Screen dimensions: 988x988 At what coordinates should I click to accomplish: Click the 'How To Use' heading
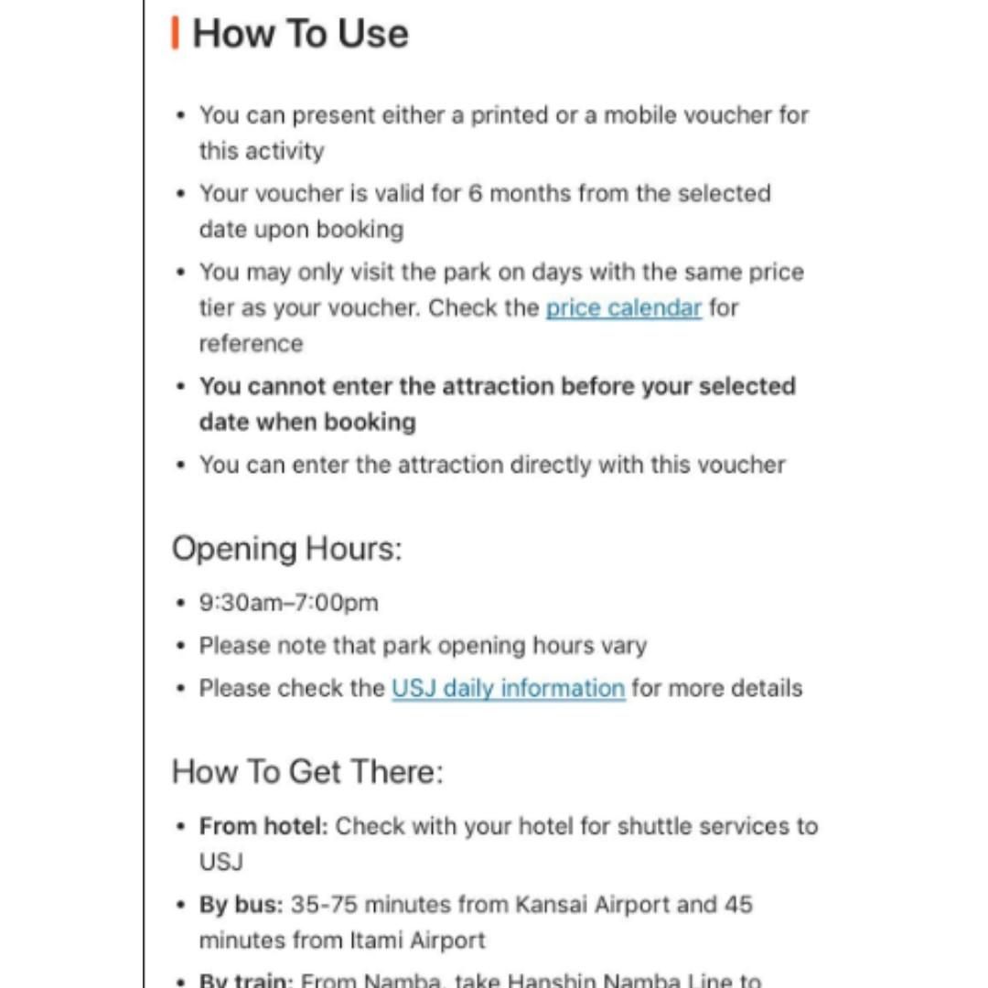pos(300,34)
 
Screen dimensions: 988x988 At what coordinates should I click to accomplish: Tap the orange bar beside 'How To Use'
pos(175,33)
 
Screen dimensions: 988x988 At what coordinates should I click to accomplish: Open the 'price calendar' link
pos(623,308)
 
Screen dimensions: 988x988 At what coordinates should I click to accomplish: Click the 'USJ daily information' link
pos(508,688)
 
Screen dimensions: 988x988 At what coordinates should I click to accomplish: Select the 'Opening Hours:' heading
pos(286,549)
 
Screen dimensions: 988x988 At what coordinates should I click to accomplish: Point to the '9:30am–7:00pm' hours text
pos(289,603)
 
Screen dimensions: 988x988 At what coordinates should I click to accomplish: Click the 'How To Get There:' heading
pos(306,771)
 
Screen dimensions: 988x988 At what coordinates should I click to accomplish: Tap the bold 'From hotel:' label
pos(263,826)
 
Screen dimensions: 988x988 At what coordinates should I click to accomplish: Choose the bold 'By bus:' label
pos(242,905)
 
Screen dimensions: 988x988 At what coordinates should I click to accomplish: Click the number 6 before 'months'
pos(475,194)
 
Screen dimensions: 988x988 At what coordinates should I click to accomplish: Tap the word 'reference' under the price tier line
pos(251,344)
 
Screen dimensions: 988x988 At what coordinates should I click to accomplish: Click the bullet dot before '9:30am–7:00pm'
pos(181,604)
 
